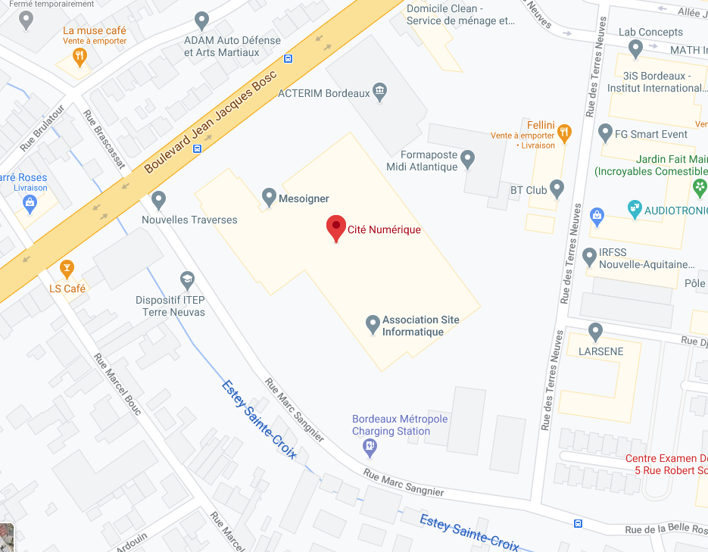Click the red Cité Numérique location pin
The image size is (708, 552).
(336, 228)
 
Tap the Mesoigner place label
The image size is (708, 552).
(304, 198)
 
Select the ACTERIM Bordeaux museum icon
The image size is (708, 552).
(380, 92)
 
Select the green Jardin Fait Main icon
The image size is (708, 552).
(700, 186)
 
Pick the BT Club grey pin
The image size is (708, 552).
(557, 187)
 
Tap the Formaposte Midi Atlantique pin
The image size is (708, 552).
(468, 159)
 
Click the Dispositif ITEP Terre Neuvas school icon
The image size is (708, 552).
(188, 279)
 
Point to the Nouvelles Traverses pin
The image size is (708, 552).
(158, 200)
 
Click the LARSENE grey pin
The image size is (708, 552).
(595, 331)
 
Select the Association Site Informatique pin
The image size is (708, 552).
(373, 324)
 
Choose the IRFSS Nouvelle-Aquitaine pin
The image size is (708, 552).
(591, 256)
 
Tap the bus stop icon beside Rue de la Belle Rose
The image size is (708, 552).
(579, 523)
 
